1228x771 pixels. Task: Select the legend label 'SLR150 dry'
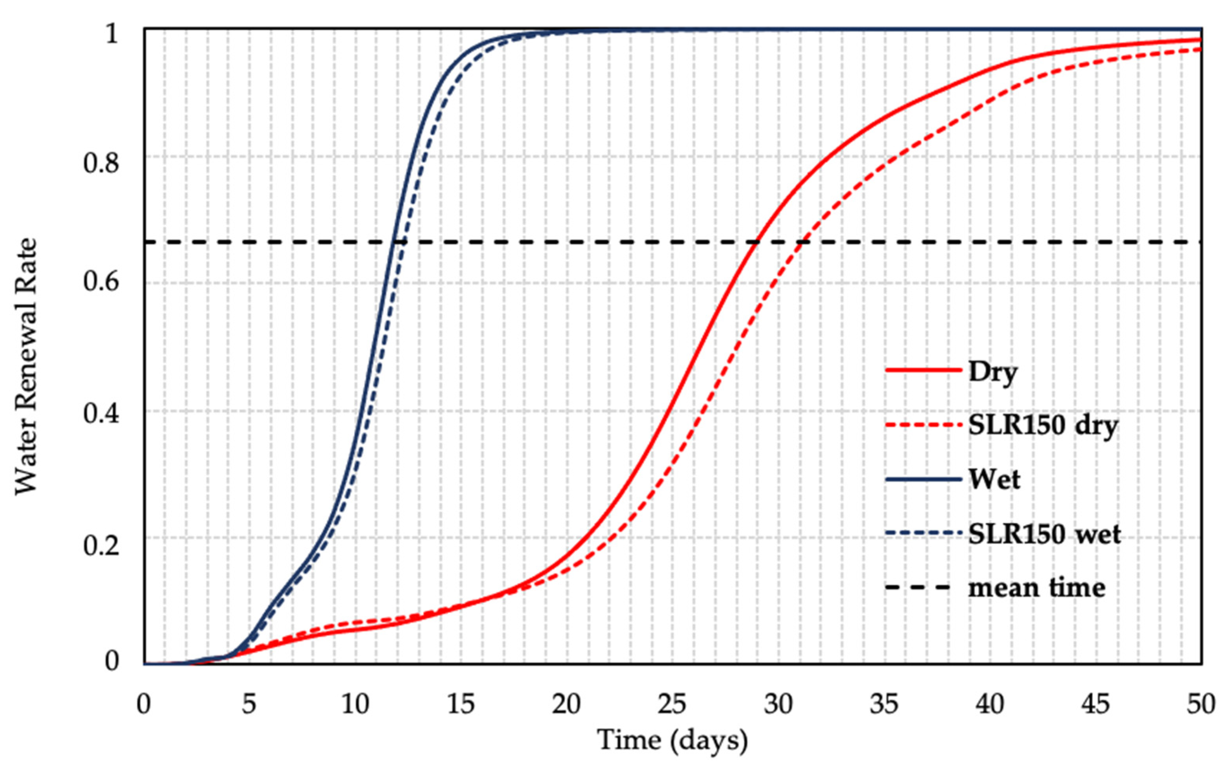1042,426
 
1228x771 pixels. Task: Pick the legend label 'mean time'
1036,588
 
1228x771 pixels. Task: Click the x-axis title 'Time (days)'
672,740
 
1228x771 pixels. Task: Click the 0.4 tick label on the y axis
101,413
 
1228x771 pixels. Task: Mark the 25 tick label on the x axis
672,704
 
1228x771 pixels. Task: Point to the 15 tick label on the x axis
461,704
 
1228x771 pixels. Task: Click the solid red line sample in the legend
923,370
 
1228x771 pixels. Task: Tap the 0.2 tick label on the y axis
101,545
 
